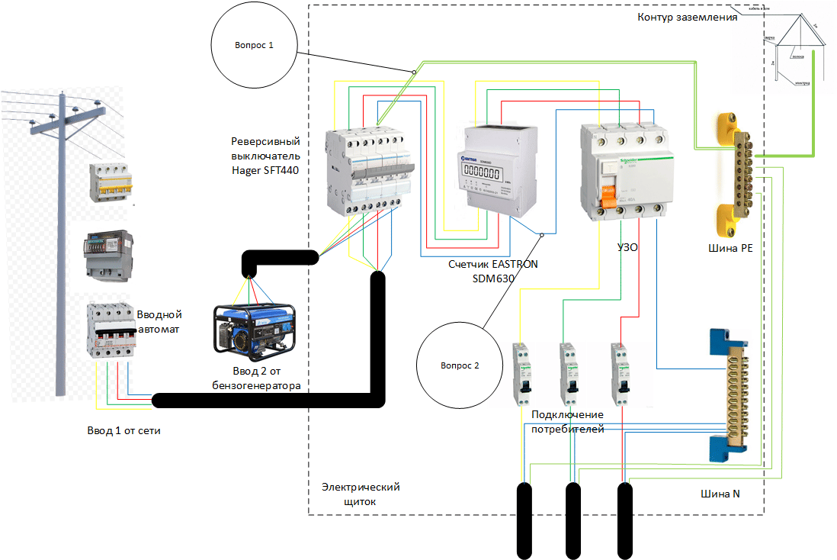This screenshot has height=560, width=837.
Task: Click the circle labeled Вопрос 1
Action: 253,46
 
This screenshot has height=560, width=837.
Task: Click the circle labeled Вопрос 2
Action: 460,365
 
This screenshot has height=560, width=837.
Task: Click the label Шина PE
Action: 730,247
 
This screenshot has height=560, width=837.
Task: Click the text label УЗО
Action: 627,247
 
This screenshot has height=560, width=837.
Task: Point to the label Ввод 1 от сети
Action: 123,430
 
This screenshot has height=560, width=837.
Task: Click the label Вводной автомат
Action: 160,321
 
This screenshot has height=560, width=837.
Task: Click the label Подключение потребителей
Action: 567,421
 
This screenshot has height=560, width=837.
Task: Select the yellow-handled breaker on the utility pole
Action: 111,182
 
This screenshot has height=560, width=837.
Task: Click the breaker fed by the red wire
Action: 622,373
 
